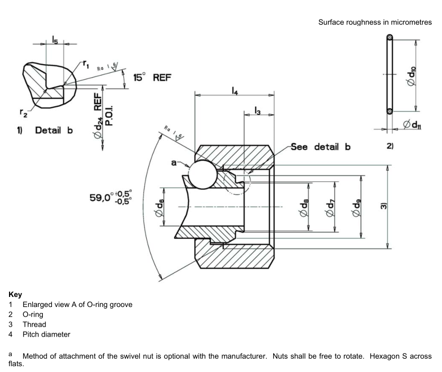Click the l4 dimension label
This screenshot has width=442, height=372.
(x=233, y=90)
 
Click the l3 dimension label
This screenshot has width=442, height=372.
(x=257, y=110)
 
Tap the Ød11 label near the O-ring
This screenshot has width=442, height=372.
(x=412, y=125)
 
